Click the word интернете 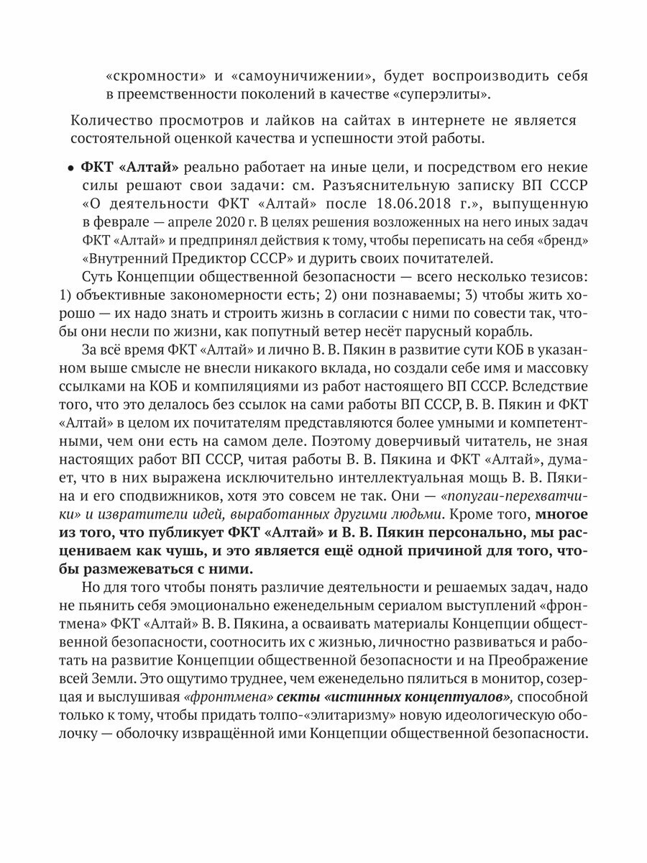coord(460,118)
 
